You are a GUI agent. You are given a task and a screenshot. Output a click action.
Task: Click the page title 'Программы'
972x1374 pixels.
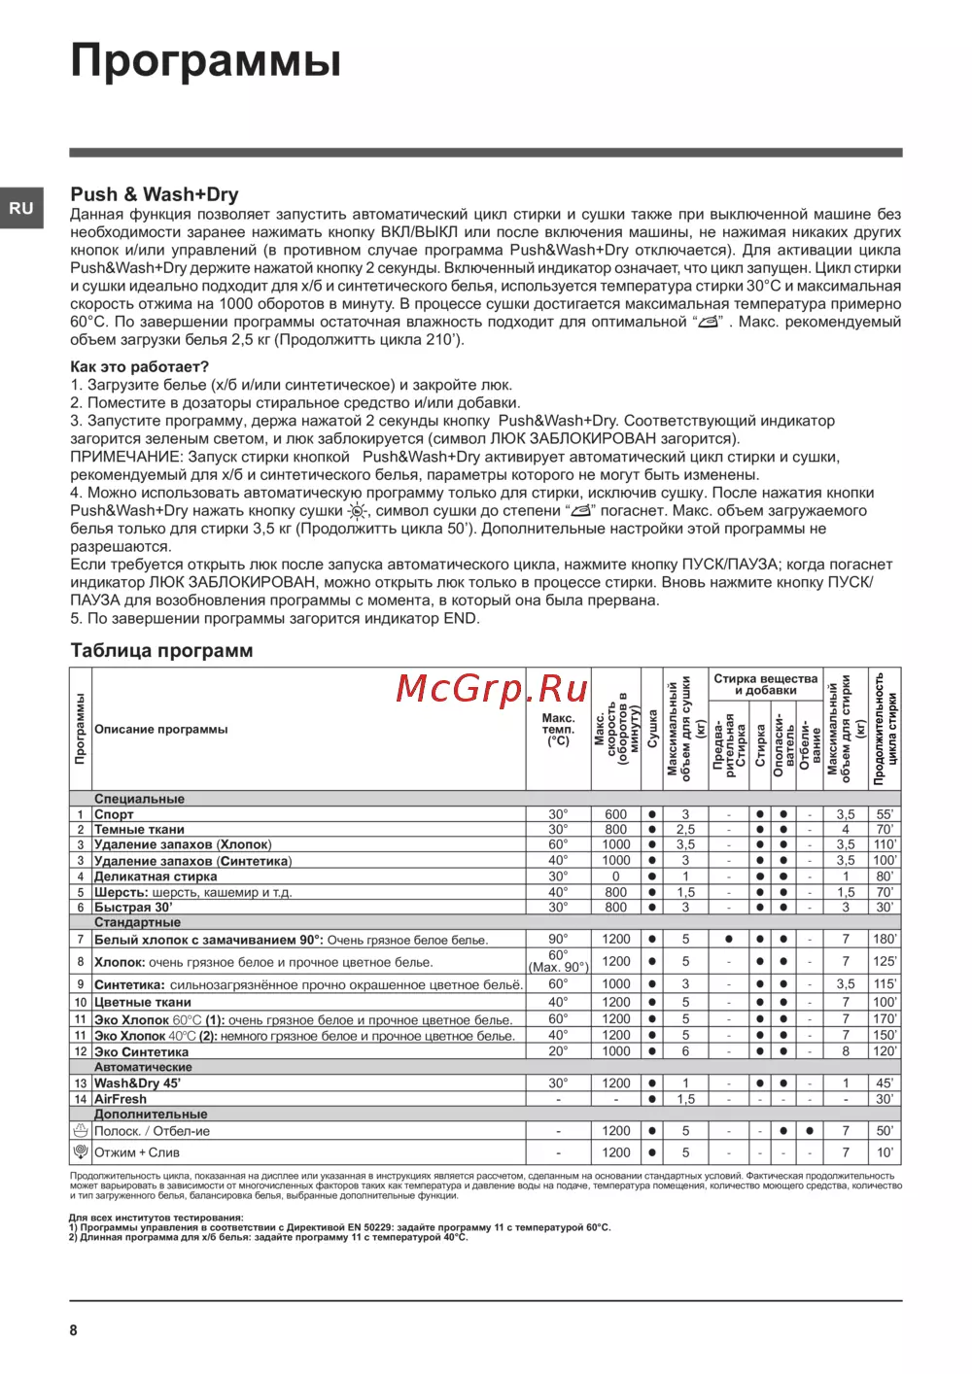coord(205,60)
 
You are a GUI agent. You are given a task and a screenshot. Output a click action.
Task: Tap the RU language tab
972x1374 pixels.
coord(21,208)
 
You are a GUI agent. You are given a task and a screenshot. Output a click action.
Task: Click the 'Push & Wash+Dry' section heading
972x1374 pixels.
coord(154,194)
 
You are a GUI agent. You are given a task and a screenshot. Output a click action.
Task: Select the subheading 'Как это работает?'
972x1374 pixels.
coord(139,367)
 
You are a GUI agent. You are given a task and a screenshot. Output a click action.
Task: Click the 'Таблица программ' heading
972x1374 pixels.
coord(161,651)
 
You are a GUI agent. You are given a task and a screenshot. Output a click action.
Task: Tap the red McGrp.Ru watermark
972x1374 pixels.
coord(492,689)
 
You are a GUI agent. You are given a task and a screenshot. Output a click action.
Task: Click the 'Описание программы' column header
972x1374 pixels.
coord(161,729)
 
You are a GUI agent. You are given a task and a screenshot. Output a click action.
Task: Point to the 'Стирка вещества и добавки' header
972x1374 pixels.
coord(765,684)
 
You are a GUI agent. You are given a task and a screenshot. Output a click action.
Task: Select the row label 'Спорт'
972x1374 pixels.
coord(114,814)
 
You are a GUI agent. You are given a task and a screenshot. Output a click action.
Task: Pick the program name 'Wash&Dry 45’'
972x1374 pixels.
coord(137,1082)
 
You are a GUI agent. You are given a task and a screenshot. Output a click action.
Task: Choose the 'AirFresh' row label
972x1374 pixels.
coord(121,1099)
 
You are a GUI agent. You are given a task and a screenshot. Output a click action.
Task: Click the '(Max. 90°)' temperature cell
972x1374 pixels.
coord(558,968)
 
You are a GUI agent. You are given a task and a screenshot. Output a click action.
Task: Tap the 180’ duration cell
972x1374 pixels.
coord(885,940)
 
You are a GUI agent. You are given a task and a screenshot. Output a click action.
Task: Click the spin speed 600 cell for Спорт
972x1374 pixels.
coord(615,814)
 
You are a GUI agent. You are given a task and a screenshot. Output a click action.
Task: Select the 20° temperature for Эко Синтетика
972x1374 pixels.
coord(558,1051)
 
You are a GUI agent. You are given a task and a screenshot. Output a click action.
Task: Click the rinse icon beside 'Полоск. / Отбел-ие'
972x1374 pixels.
coord(81,1131)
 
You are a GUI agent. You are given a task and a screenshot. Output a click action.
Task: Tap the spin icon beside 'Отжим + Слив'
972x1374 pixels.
coord(81,1152)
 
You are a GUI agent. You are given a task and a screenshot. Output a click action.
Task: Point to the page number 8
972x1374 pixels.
coord(74,1330)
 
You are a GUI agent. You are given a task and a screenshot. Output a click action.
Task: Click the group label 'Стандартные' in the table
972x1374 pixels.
coord(137,922)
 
